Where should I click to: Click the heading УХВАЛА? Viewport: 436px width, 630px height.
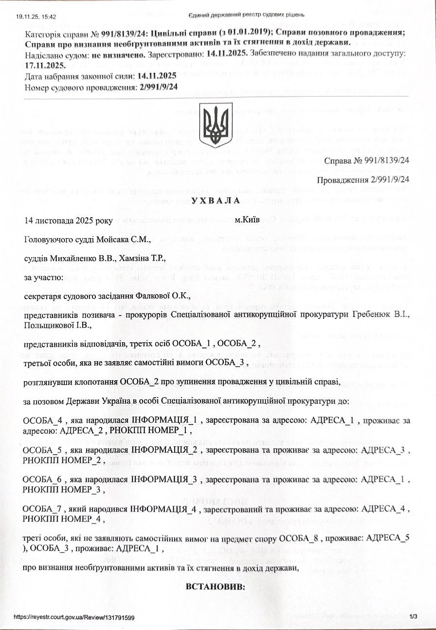pos(216,200)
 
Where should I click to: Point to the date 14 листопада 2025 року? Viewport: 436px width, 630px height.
pos(68,220)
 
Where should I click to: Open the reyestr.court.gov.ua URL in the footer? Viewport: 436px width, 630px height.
pos(74,617)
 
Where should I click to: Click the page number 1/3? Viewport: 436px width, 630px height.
pos(414,617)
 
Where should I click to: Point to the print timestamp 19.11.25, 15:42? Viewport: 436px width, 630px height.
pos(36,16)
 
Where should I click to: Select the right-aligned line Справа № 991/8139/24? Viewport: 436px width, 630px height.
pos(366,160)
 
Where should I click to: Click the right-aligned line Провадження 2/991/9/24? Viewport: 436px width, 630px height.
pos(363,180)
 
